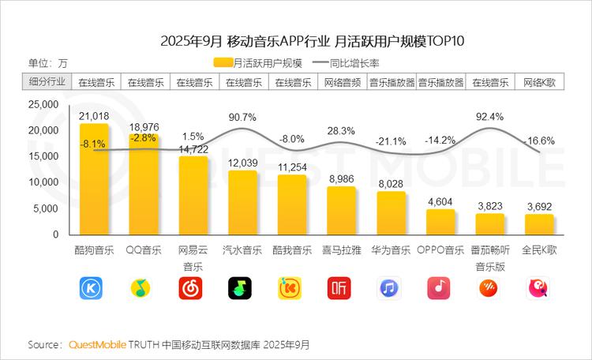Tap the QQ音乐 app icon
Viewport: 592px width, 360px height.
click(143, 288)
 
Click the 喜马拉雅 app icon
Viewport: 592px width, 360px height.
click(341, 288)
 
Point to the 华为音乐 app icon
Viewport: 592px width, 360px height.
click(391, 288)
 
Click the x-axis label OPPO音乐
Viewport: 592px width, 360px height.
click(440, 250)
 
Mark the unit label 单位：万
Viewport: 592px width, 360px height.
click(48, 63)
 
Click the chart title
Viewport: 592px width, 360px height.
click(295, 40)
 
